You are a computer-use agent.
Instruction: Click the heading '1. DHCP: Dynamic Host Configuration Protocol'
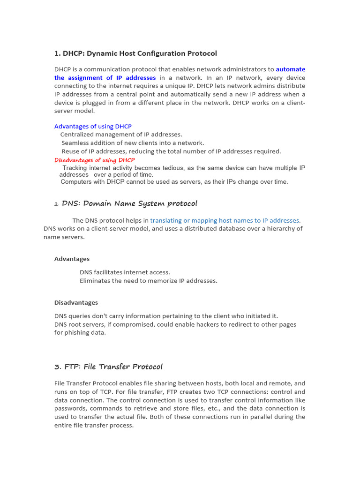tap(135, 53)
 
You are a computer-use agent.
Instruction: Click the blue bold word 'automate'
tap(290, 69)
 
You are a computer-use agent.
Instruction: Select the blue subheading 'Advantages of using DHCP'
tap(93, 126)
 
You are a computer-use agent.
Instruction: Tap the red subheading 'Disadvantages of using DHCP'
tap(94, 160)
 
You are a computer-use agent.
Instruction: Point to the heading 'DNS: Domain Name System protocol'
tap(129, 203)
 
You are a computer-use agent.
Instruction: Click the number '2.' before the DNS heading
tap(56, 204)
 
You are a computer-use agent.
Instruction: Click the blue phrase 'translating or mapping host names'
tap(202, 220)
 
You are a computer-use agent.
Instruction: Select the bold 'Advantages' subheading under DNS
tap(72, 259)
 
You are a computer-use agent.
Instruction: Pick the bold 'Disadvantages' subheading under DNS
tap(76, 302)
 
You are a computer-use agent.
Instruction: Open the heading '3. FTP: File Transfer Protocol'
tap(108, 367)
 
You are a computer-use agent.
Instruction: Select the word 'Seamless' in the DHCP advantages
tap(75, 143)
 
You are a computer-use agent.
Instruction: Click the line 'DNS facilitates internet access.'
tap(125, 272)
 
